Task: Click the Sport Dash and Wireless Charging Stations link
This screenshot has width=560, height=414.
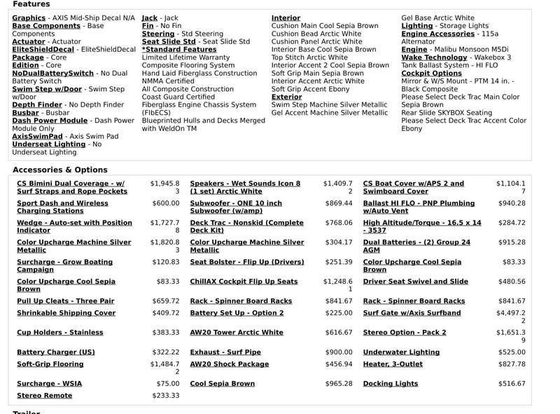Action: (x=62, y=207)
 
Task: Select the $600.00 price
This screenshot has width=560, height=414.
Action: (x=165, y=203)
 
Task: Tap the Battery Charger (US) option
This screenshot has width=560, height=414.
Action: (x=55, y=352)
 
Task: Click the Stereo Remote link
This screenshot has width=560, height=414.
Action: (x=44, y=396)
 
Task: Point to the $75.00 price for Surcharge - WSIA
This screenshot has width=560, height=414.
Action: (x=167, y=384)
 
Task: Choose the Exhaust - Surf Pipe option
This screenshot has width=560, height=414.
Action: (x=225, y=352)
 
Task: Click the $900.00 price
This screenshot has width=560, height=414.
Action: (x=339, y=352)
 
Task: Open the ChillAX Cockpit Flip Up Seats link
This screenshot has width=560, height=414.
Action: (x=244, y=282)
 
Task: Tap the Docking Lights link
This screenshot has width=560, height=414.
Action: (x=390, y=384)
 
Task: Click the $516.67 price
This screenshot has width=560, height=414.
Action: (x=512, y=384)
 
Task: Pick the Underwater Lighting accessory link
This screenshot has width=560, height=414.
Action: (x=400, y=352)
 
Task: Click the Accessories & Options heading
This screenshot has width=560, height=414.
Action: (x=59, y=170)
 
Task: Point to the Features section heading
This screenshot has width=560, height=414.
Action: (x=31, y=4)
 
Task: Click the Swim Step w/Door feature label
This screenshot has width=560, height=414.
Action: (x=47, y=89)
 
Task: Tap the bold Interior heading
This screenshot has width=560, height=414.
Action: (x=286, y=18)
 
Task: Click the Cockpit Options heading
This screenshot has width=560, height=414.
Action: (x=431, y=73)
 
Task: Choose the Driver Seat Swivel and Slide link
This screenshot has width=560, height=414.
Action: (x=415, y=282)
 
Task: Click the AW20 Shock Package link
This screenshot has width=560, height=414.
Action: (x=229, y=364)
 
